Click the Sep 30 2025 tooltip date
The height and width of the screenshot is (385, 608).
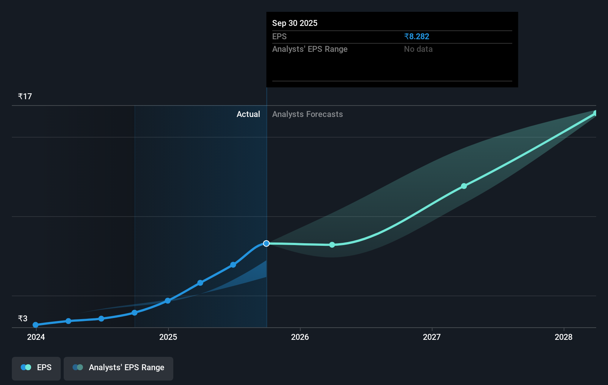[295, 23]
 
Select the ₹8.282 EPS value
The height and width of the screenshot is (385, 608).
[417, 36]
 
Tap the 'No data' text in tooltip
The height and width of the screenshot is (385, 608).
[418, 49]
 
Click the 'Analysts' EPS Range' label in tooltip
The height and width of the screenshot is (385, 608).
[310, 49]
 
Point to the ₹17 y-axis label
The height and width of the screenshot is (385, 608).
[25, 96]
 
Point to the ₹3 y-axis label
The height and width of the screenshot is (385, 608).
[23, 318]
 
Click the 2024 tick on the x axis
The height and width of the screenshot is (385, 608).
[36, 337]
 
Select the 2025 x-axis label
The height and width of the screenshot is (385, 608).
[168, 337]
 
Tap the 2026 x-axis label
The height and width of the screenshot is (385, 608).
[300, 337]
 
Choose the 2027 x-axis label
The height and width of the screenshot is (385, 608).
[432, 337]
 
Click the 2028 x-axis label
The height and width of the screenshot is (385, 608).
[564, 337]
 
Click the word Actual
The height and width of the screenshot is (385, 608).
[248, 114]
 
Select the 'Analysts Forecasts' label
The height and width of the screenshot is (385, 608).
[307, 114]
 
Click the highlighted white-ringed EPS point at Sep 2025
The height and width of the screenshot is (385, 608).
[266, 243]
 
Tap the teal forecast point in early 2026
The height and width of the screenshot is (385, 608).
[332, 245]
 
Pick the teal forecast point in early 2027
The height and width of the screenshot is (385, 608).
[464, 186]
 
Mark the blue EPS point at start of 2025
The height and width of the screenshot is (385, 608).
[168, 301]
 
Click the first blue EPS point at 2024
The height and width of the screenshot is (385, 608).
[36, 325]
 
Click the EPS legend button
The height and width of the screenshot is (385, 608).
[36, 368]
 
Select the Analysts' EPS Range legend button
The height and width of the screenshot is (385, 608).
[118, 368]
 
